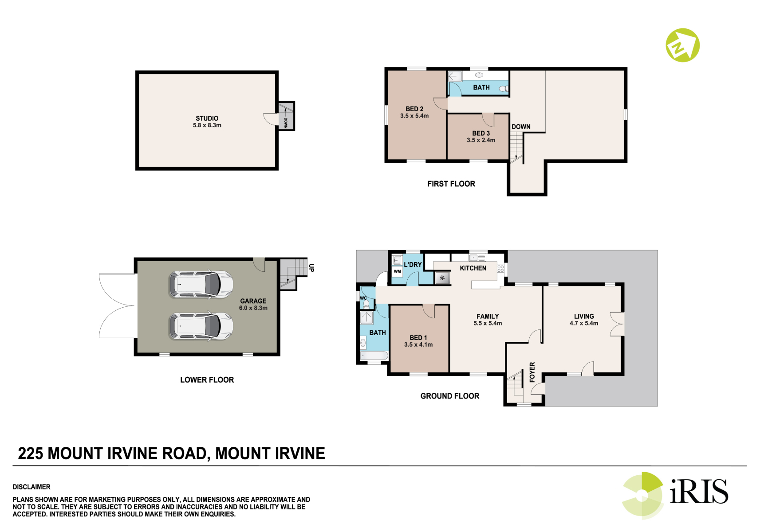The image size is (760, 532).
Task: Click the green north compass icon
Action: [x=683, y=45]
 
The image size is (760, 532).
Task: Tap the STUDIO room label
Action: [x=207, y=118]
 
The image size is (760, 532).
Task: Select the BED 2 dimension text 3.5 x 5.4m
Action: [x=414, y=116]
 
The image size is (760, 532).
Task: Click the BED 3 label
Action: [x=481, y=133]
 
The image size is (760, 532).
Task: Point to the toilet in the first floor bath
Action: [x=504, y=89]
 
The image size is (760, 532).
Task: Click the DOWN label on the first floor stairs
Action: [x=521, y=127]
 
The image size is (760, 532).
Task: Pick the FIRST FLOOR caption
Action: [x=451, y=184]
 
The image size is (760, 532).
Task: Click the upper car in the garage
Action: [x=201, y=285]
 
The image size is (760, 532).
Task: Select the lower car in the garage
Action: [x=201, y=326]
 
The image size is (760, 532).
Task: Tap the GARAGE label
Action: [x=253, y=301]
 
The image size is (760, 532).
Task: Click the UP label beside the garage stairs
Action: [x=311, y=268]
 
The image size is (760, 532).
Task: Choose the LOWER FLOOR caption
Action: [x=207, y=380]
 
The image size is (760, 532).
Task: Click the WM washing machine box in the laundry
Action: [x=398, y=272]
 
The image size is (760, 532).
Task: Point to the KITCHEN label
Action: [x=473, y=268]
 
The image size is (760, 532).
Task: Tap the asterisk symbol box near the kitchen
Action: [x=442, y=278]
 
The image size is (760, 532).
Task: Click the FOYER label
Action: [x=532, y=372]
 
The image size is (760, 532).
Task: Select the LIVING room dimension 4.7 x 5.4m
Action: [x=584, y=324]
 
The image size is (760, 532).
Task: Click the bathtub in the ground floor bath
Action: [x=374, y=356]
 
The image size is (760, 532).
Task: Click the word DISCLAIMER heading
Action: [x=32, y=487]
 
